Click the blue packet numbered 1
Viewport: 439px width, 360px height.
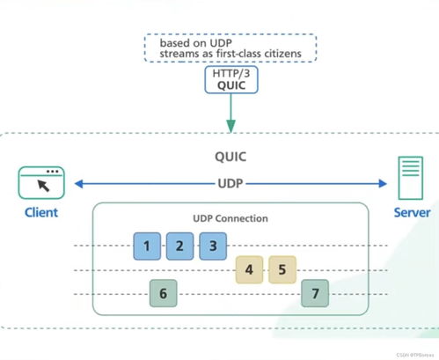(x=146, y=246)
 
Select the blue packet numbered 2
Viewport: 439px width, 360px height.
(x=179, y=246)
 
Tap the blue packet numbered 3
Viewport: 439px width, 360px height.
(x=212, y=246)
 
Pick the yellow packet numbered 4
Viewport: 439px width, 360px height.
(x=249, y=269)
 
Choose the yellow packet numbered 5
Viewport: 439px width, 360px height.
(x=282, y=269)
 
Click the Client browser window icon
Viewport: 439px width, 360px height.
(x=41, y=182)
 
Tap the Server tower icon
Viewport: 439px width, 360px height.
(x=409, y=180)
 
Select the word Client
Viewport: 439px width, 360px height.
(x=40, y=213)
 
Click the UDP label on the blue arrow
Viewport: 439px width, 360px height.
(x=230, y=184)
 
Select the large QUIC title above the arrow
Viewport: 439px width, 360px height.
(x=230, y=159)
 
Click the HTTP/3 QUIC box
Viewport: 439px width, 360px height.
(x=230, y=80)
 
